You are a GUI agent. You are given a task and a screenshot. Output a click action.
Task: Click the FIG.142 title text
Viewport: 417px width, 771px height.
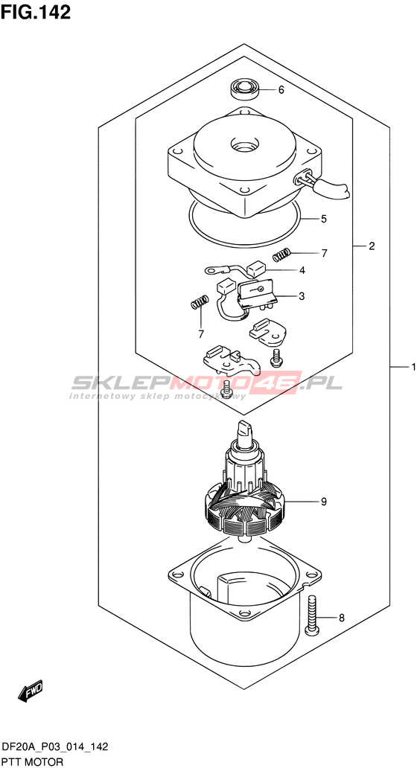(36, 13)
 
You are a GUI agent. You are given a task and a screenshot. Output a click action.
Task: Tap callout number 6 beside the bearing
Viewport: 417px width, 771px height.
(281, 90)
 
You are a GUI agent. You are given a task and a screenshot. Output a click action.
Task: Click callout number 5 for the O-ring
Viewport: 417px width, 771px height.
(323, 219)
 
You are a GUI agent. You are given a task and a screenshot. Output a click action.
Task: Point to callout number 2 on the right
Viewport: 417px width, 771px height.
(372, 246)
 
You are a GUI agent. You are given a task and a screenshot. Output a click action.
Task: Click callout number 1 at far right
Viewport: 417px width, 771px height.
(413, 367)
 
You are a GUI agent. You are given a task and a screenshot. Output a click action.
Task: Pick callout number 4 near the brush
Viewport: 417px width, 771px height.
(302, 270)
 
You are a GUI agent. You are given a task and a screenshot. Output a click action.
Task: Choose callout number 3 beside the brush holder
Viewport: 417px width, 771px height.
(302, 296)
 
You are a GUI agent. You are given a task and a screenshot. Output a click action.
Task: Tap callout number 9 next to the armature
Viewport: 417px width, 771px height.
(324, 502)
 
